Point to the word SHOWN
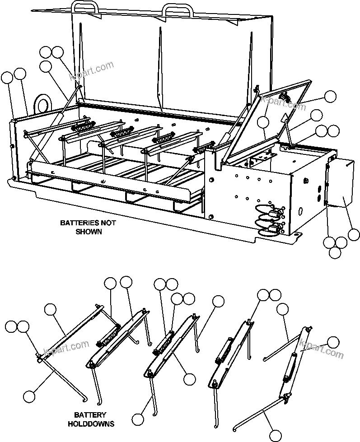(89, 232)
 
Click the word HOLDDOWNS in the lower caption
(91, 424)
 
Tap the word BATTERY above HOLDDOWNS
(91, 415)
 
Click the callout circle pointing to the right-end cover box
(354, 235)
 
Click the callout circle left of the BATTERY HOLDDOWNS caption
(29, 396)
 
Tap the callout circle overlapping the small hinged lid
(263, 122)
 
